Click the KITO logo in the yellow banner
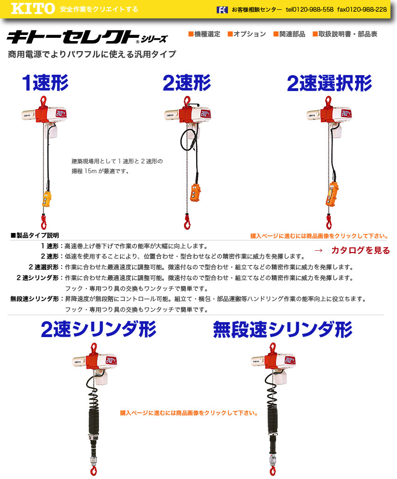tap(33, 8)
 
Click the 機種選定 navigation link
tap(204, 34)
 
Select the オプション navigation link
tap(247, 34)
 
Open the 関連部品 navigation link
tap(289, 34)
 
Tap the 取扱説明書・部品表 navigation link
tap(345, 34)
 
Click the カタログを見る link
tap(361, 251)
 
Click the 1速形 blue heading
tap(45, 83)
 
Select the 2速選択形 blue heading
tap(329, 84)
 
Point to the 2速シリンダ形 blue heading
tap(99, 329)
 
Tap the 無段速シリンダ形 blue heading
tap(283, 330)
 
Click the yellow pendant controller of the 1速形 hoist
tap(46, 199)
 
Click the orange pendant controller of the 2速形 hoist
tap(195, 192)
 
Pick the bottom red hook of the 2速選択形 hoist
tap(328, 222)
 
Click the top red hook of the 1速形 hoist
tap(43, 101)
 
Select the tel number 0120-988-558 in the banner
tap(310, 10)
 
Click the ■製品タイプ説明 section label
tap(35, 235)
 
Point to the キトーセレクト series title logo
tap(87, 37)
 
